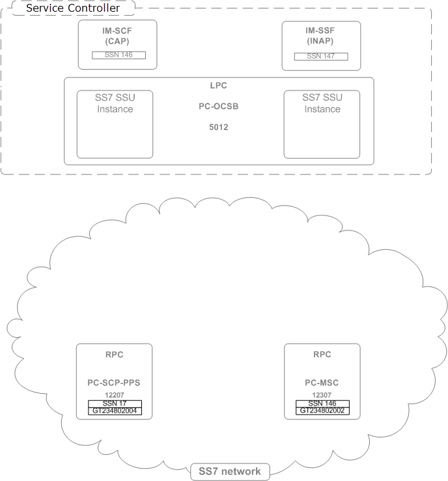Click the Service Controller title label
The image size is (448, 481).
[72, 8]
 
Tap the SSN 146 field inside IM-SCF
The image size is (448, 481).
[118, 55]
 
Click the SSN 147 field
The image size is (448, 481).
[321, 57]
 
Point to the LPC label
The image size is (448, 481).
[219, 85]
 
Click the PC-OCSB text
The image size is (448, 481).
[219, 105]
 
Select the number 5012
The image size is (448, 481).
[219, 127]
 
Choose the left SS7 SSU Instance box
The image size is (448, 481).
[115, 124]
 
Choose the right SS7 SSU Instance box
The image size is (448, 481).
[322, 124]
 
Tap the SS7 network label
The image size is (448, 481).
[230, 471]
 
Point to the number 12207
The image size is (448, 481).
[115, 395]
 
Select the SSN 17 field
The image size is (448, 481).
[115, 404]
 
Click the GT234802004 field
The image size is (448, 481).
[115, 411]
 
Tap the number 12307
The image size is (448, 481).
[322, 395]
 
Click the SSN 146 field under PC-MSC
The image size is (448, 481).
[322, 404]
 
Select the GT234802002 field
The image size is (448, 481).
[322, 411]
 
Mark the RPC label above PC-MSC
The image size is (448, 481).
[322, 355]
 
